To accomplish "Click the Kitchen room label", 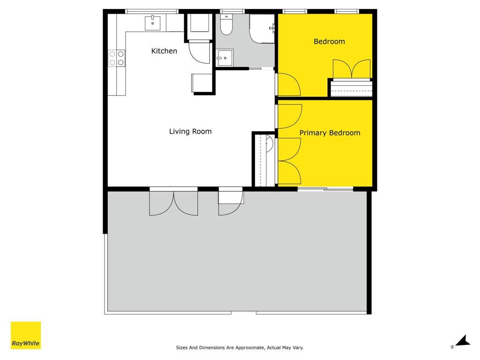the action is (x=164, y=51).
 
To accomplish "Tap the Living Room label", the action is (x=190, y=131).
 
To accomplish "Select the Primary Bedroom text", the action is (x=330, y=133).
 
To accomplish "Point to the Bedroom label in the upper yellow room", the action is (x=330, y=41).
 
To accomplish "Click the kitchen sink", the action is (x=152, y=23).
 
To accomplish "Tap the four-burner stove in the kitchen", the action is (x=117, y=58).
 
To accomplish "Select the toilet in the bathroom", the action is (x=226, y=24).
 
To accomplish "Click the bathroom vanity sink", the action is (x=225, y=58).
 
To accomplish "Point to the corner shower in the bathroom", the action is (x=262, y=29).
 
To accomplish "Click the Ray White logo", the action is (x=26, y=335).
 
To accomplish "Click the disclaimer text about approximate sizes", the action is (x=240, y=347).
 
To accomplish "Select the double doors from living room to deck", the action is (x=173, y=203).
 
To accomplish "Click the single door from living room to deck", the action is (x=231, y=203).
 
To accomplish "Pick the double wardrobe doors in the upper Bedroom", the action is (x=352, y=69).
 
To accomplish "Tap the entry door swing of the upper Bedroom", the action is (x=289, y=84).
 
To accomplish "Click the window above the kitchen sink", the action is (x=152, y=11).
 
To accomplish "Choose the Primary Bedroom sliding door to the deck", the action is (x=325, y=189).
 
